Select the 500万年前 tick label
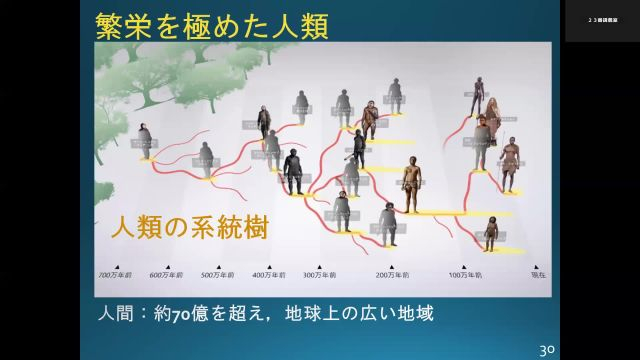(x=216, y=274)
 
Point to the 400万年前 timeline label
(x=269, y=274)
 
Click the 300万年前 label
(x=320, y=274)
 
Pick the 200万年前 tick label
(x=391, y=274)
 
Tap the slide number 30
(x=546, y=349)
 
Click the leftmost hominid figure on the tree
(x=146, y=141)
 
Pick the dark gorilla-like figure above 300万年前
(x=293, y=172)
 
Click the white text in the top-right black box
(x=602, y=20)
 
